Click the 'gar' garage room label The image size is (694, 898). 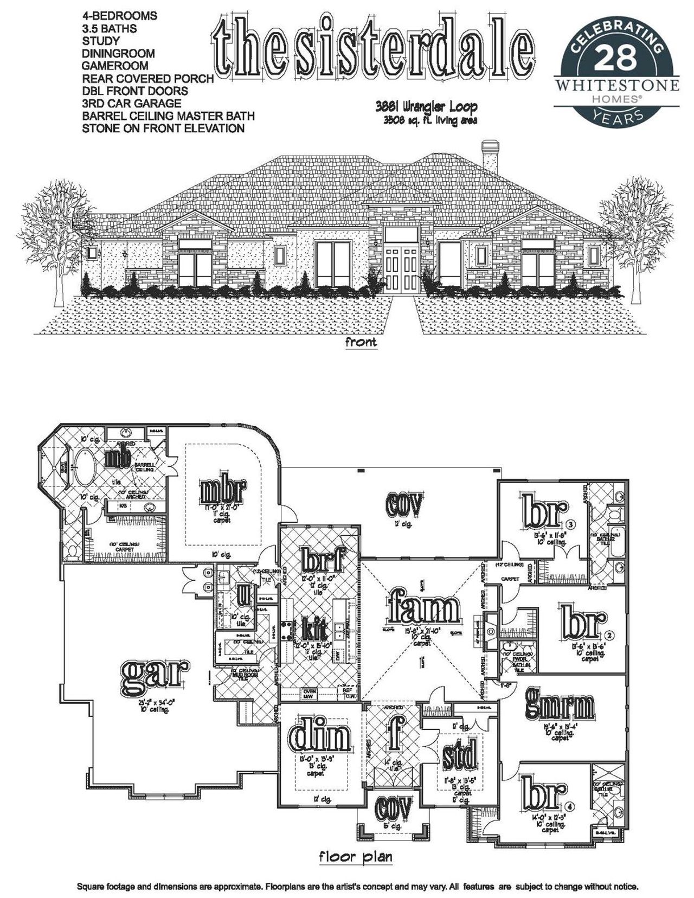[155, 676]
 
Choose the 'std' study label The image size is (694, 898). [459, 755]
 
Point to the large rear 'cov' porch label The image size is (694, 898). [404, 504]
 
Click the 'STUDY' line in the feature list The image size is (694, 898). [101, 41]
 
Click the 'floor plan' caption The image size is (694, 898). [355, 857]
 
